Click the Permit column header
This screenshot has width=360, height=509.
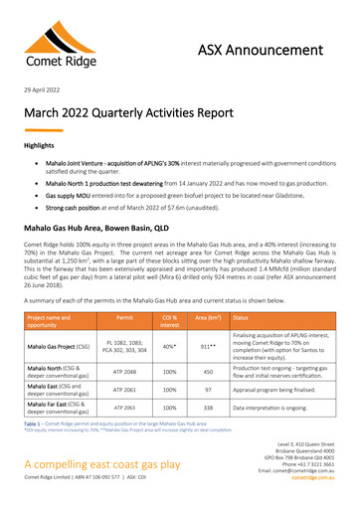pos(124,318)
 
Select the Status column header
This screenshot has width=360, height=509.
pos(242,318)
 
